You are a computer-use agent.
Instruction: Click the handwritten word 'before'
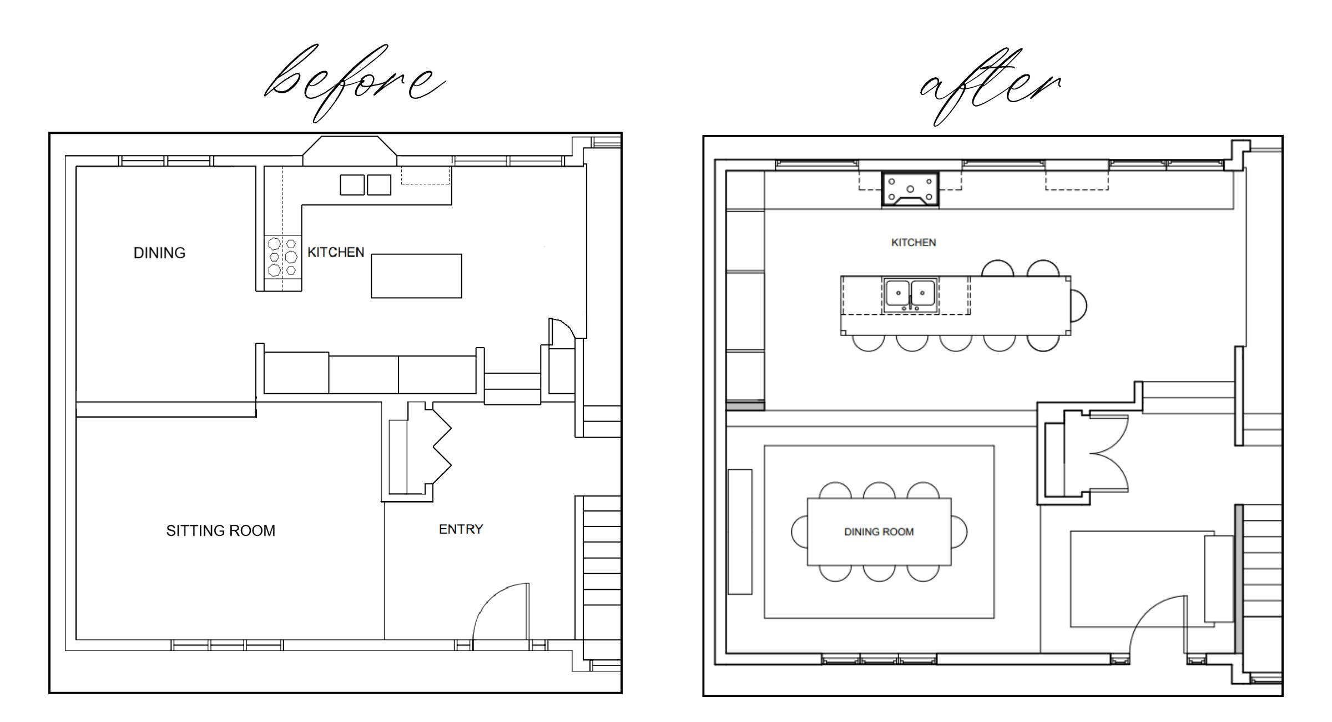tap(355, 83)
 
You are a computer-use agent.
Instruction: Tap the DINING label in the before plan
tap(160, 253)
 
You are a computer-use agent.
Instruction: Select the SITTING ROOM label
tap(221, 531)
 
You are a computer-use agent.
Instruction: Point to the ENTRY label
tap(461, 529)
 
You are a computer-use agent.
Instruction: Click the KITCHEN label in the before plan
tap(336, 253)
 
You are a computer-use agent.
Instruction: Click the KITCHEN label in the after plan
tap(914, 243)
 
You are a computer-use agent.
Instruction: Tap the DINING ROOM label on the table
tap(879, 532)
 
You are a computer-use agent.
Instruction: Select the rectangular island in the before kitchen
tap(416, 276)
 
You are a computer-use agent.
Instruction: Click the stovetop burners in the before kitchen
tap(282, 256)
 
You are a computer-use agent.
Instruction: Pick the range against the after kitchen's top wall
tap(911, 189)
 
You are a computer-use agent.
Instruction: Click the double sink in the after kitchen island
tap(910, 295)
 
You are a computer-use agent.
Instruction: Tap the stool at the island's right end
tap(1079, 305)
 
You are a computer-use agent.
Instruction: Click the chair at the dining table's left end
tap(799, 532)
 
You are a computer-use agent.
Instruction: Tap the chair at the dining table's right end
tap(959, 532)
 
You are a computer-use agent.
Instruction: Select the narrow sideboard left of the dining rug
tap(740, 532)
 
